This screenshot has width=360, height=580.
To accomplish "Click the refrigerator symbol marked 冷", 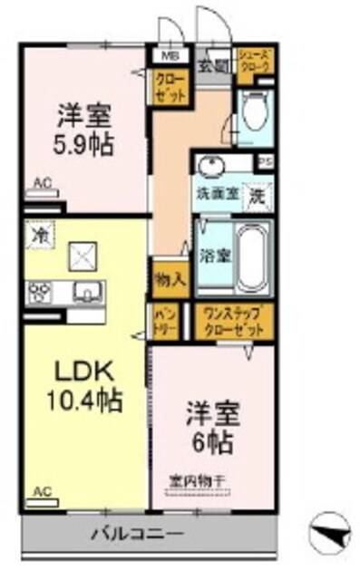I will (39, 232).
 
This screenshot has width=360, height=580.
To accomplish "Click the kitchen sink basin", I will (88, 292).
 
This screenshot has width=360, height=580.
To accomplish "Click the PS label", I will (266, 163).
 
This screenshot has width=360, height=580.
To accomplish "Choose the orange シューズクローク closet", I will (254, 62).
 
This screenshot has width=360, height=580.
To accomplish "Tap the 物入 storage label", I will (170, 279).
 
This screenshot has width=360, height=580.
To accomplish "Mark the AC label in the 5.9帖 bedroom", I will (41, 183).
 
